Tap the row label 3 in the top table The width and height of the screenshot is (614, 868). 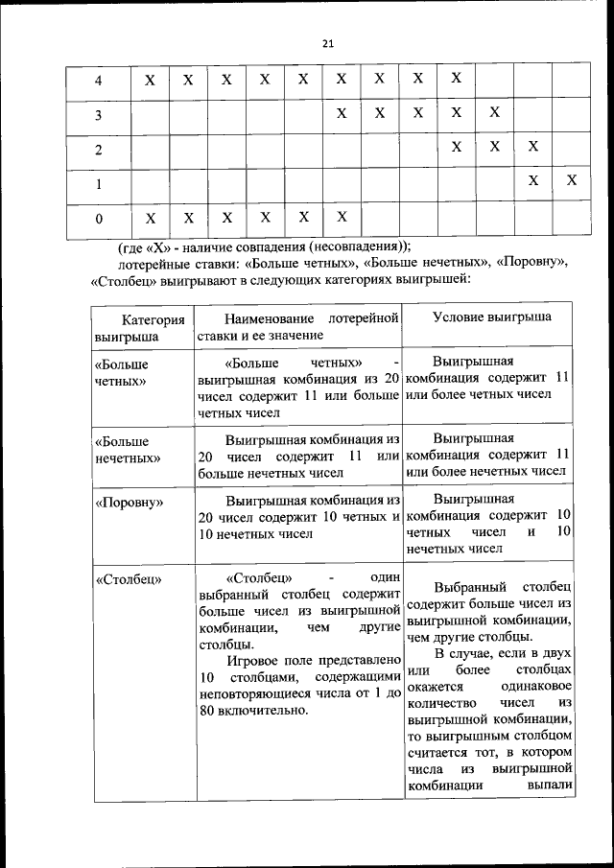tap(99, 116)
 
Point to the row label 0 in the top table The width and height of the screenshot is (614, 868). tap(99, 220)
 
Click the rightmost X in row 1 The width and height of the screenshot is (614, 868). tap(571, 180)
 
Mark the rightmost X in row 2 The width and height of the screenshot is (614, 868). tap(532, 147)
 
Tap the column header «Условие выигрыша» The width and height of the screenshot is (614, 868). tap(491, 318)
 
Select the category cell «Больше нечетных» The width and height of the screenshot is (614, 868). tap(127, 449)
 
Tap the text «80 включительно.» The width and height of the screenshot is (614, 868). tap(253, 711)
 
